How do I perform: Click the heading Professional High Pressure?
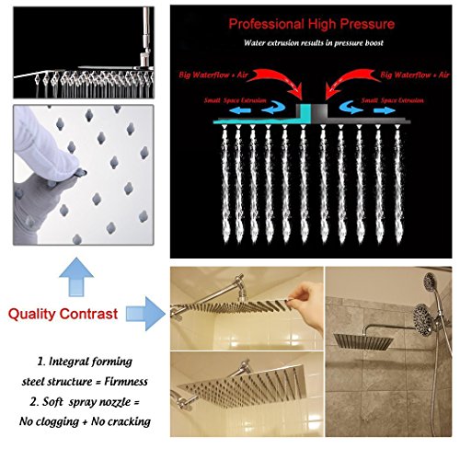[312, 24]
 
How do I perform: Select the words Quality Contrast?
[63, 314]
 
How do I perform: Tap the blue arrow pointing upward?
[76, 277]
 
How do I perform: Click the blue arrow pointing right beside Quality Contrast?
[145, 314]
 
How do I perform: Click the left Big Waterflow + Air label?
[213, 75]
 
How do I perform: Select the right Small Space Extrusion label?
[393, 100]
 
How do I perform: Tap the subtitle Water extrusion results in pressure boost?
[314, 42]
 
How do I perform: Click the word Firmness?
[126, 382]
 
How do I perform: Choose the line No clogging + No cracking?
[85, 421]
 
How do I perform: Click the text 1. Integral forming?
[85, 362]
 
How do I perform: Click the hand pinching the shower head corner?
[306, 304]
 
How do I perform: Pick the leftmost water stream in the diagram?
[225, 184]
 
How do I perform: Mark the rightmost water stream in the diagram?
[397, 184]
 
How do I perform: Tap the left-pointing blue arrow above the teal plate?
[240, 110]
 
